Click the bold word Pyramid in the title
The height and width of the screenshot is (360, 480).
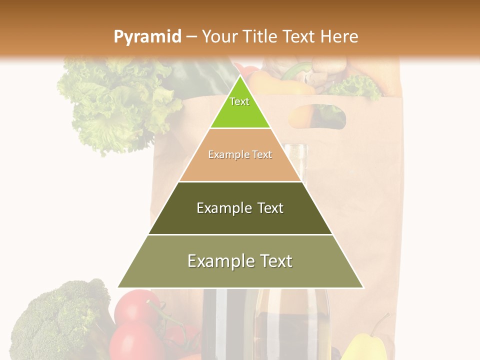pos(147,36)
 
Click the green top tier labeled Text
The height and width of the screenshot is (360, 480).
pos(239,107)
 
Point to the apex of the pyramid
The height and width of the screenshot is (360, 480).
pos(240,76)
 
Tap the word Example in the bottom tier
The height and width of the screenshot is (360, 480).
pos(218,261)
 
